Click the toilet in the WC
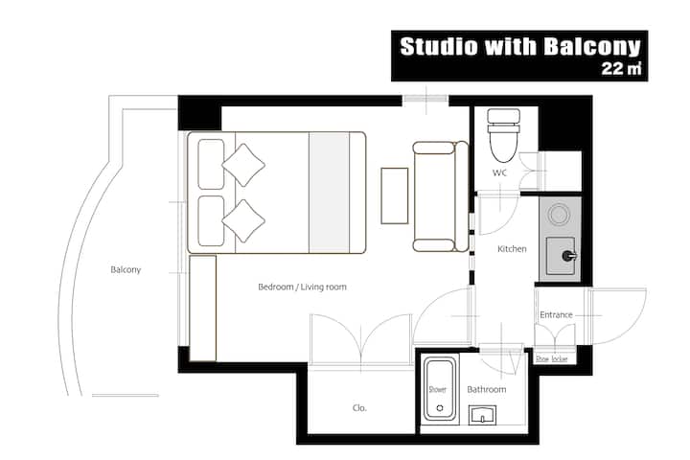pos(504,135)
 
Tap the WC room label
pos(499,172)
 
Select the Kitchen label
pos(512,249)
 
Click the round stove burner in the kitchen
pos(559,215)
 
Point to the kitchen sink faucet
pos(569,256)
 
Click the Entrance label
pos(556,314)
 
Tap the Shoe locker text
pos(551,358)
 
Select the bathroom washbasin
pos(482,415)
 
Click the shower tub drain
pos(440,408)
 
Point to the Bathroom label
pos(487,389)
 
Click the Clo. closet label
pos(359,408)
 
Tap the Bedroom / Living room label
pos(302,287)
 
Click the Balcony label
pos(126,269)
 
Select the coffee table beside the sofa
pos(394,195)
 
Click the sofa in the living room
pos(441,196)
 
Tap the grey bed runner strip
pos(329,193)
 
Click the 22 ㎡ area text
pos(621,69)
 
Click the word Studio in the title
pos(439,46)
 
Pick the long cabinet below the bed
pos(203,309)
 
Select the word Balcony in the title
pos(592,47)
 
